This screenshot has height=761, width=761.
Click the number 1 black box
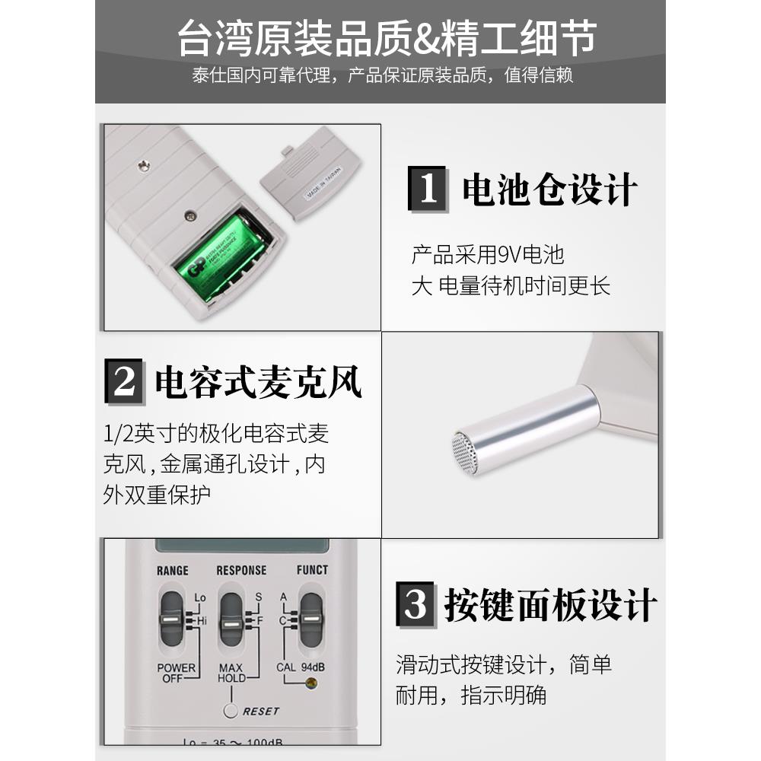428,188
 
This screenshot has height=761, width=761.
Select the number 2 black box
123,381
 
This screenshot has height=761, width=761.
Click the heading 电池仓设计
549,189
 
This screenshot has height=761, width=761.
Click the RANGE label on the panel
172,570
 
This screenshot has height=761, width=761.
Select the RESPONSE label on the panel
241,570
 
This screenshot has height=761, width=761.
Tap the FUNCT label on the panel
312,569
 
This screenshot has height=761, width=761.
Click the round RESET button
231,712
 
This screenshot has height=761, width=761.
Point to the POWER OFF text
176,673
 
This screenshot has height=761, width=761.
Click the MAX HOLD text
231,673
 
